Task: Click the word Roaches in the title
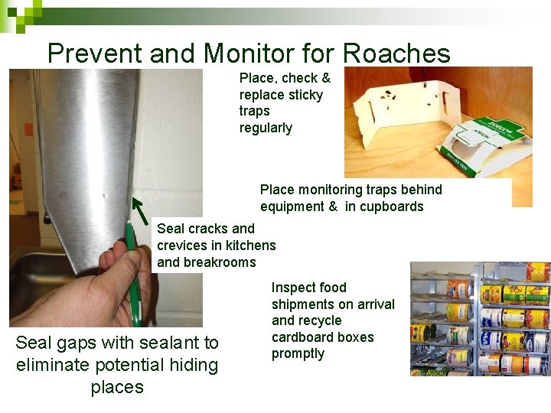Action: pos(396,54)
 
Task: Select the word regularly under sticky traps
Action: pos(266,128)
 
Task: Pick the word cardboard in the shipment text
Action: pos(302,337)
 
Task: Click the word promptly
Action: pos(298,353)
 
